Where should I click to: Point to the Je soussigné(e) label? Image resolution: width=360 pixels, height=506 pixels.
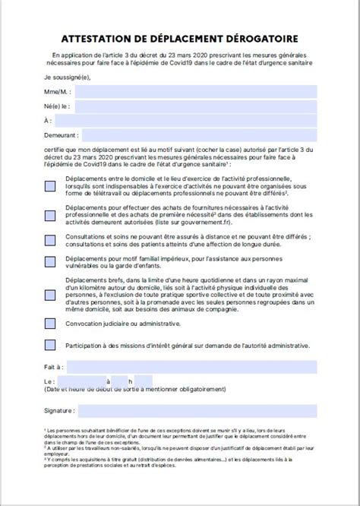click(x=68, y=77)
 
